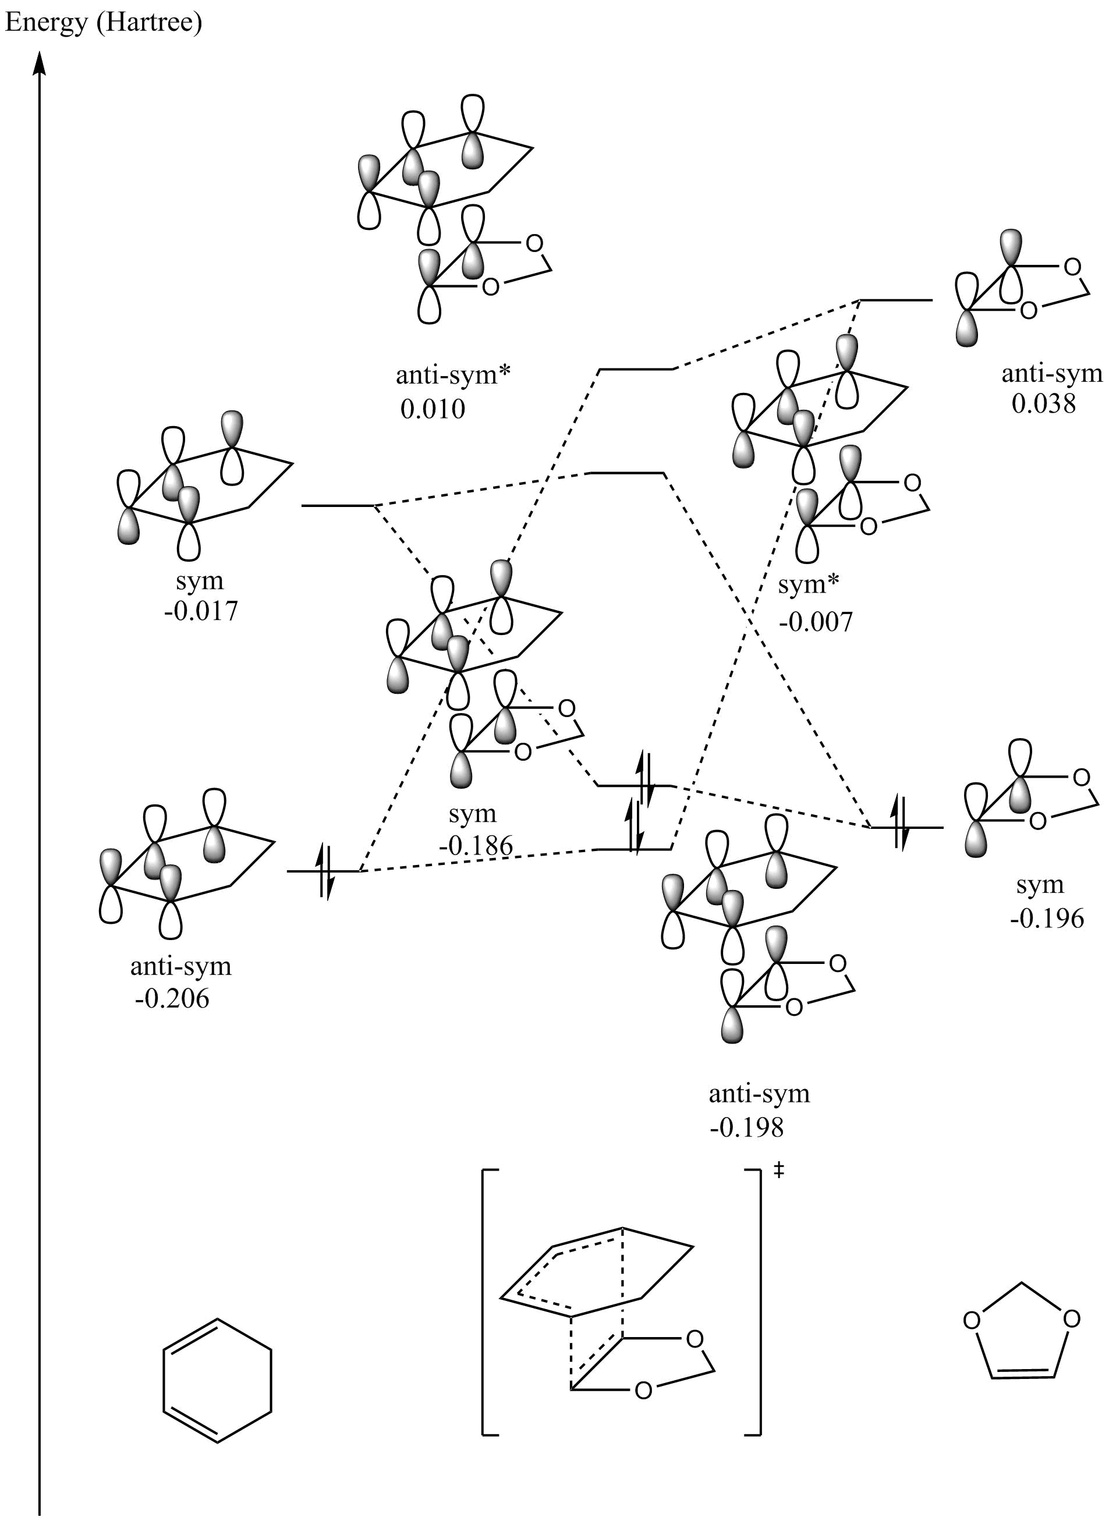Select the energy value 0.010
coord(433,409)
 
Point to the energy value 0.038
coord(1043,403)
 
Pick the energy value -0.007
coord(815,622)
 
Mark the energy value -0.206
coord(172,999)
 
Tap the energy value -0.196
coord(1047,918)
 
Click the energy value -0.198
coord(746,1128)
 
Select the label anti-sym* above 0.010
coord(453,374)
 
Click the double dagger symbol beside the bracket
coord(779,1171)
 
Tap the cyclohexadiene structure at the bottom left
coord(218,1381)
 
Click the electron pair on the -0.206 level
coord(324,871)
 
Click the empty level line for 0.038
coord(895,300)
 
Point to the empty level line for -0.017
coord(338,505)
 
